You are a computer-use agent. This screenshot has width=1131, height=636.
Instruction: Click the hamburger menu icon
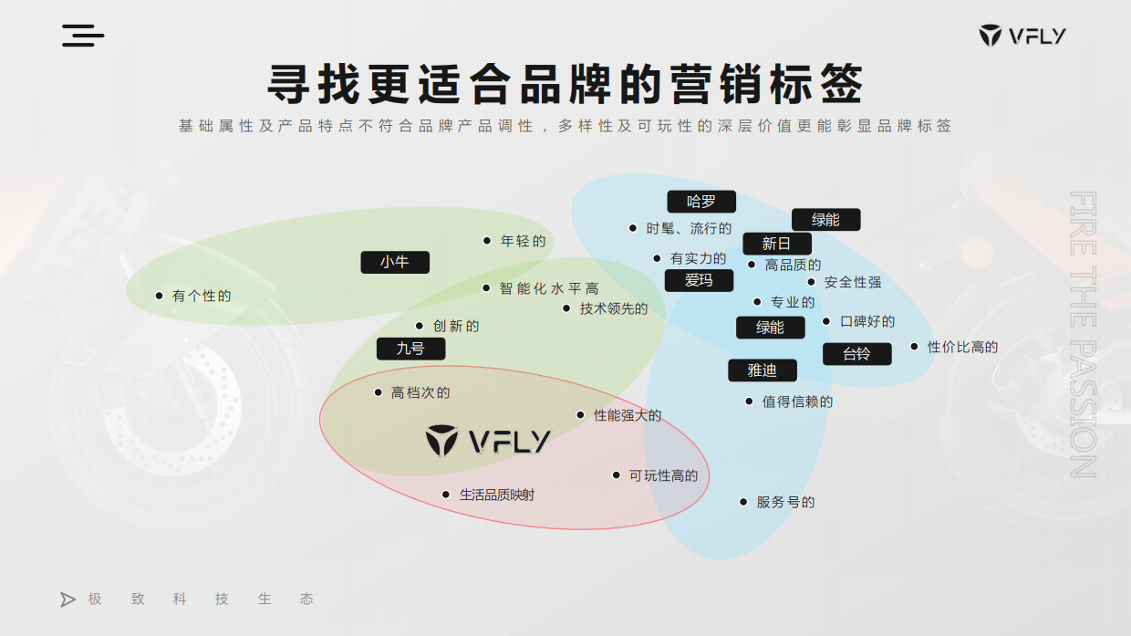click(83, 36)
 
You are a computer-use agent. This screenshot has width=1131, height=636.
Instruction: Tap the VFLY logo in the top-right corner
click(1022, 36)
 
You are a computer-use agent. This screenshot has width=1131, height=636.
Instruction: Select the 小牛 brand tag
click(395, 262)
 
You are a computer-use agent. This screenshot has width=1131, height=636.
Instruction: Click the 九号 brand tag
click(410, 349)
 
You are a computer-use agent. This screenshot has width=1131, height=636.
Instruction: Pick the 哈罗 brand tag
click(700, 202)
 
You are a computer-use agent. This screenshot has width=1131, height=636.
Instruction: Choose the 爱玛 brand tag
click(699, 280)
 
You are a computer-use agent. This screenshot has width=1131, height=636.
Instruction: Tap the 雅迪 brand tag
click(763, 370)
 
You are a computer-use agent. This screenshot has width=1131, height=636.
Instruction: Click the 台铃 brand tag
click(856, 354)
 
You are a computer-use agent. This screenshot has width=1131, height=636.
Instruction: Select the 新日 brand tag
click(776, 244)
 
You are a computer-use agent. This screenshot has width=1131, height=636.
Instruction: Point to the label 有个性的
click(202, 296)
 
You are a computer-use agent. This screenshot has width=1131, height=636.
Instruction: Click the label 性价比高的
click(962, 347)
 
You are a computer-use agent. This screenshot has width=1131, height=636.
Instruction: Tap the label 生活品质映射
click(497, 495)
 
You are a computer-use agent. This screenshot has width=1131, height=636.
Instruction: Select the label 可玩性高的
click(663, 475)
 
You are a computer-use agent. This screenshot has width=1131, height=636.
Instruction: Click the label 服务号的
click(785, 502)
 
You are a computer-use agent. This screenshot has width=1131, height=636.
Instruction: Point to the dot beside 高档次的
click(378, 392)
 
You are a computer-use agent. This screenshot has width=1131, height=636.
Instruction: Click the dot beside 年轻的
click(487, 241)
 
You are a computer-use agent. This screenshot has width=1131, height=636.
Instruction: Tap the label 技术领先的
click(614, 308)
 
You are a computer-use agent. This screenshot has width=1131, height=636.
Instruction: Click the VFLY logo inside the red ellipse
click(488, 442)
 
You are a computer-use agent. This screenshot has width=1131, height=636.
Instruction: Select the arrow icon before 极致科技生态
click(67, 600)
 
